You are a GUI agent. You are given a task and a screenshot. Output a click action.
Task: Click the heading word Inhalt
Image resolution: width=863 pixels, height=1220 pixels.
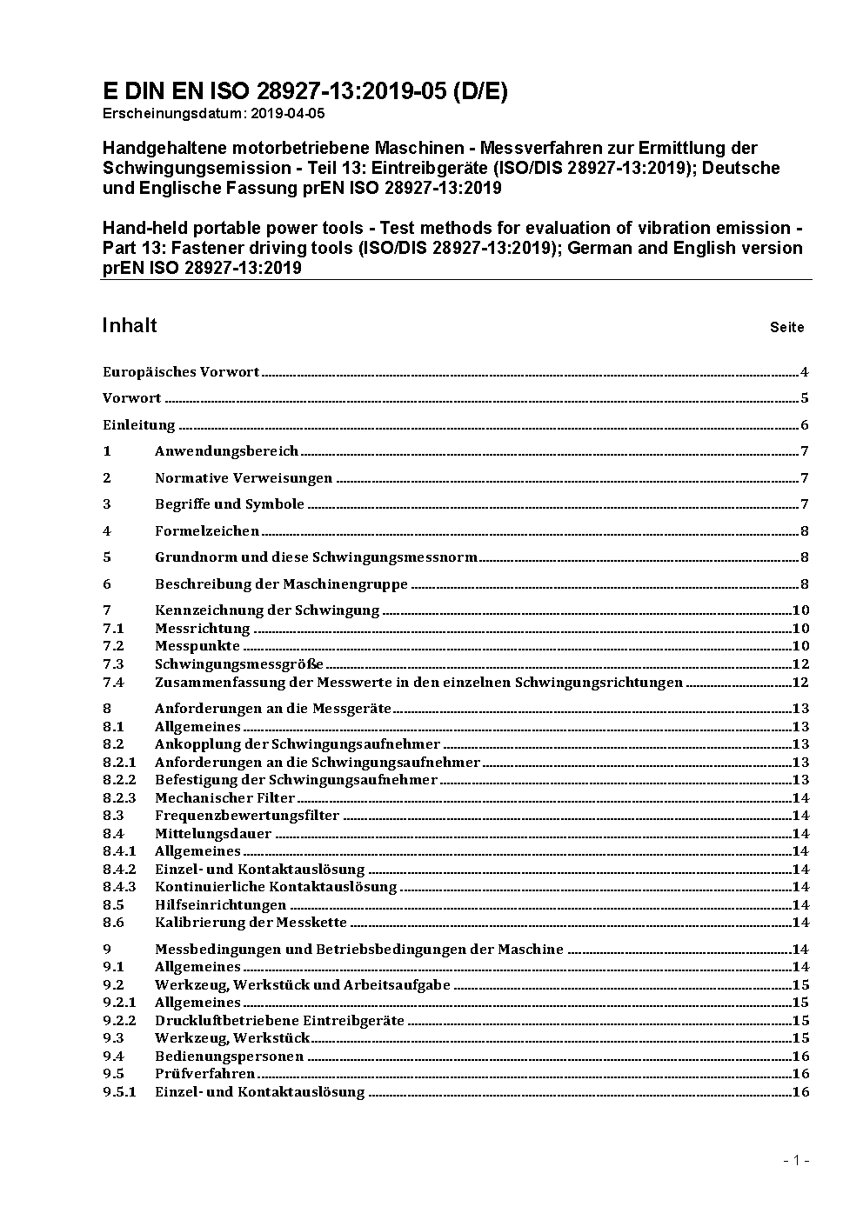click(x=130, y=325)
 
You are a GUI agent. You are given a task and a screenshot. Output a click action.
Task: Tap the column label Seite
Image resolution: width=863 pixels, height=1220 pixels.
click(x=786, y=328)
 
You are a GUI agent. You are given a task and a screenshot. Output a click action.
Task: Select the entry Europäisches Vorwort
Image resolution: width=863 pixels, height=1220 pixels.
click(x=181, y=372)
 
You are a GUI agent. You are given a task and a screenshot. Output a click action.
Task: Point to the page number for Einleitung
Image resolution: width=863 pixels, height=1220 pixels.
click(x=805, y=425)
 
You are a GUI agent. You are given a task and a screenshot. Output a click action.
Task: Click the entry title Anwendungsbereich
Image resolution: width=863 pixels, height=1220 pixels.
click(x=226, y=451)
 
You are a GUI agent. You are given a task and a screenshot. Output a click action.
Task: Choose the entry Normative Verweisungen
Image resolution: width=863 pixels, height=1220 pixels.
click(x=244, y=478)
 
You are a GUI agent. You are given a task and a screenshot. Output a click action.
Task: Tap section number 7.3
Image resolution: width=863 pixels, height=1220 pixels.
click(x=113, y=664)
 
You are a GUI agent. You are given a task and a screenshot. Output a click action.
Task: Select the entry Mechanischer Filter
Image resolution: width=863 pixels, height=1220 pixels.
click(x=224, y=798)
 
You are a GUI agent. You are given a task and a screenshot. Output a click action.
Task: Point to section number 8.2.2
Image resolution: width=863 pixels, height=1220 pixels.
click(x=119, y=780)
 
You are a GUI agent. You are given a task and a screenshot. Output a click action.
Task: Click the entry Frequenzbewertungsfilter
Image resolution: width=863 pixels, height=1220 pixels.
click(x=247, y=816)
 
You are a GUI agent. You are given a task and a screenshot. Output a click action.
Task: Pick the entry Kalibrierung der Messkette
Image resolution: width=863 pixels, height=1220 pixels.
click(x=251, y=923)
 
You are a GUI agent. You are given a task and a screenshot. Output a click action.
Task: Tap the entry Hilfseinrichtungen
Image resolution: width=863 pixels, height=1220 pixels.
click(x=220, y=905)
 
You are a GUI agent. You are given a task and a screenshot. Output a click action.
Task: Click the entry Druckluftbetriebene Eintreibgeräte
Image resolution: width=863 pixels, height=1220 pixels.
click(x=279, y=1021)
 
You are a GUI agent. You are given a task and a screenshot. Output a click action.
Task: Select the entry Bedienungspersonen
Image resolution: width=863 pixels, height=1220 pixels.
click(x=229, y=1057)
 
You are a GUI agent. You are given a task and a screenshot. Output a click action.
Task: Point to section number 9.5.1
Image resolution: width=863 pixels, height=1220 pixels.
click(x=119, y=1092)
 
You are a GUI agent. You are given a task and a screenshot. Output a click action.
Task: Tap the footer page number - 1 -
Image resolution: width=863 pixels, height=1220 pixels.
click(x=796, y=1160)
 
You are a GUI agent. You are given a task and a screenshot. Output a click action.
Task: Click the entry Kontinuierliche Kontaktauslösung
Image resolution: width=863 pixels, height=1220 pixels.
click(x=276, y=887)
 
